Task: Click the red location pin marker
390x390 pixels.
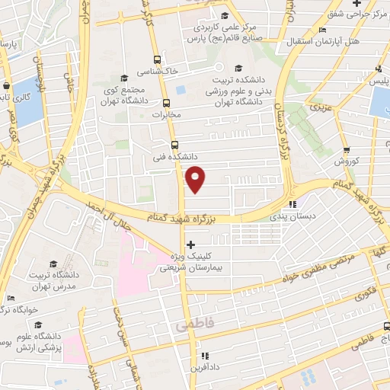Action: (x=196, y=179)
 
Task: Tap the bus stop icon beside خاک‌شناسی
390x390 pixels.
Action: (x=157, y=60)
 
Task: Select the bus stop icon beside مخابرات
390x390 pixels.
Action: (x=167, y=104)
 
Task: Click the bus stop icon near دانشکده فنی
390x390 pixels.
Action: (x=174, y=143)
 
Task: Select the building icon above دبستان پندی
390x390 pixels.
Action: (x=293, y=203)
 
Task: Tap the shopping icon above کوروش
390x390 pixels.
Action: (x=347, y=150)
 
